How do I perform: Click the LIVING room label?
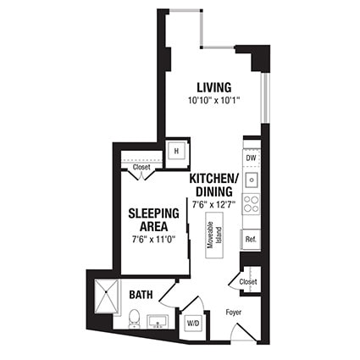click(x=215, y=87)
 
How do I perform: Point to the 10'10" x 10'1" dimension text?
click(x=215, y=101)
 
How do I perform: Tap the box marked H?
click(x=177, y=151)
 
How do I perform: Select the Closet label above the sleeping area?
click(x=141, y=168)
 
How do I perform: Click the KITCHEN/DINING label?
click(x=214, y=186)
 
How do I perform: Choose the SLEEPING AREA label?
click(x=153, y=219)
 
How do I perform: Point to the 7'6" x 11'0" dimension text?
click(x=153, y=240)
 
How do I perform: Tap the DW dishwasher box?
click(x=251, y=158)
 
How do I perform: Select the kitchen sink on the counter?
click(x=252, y=180)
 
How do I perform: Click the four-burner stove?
click(x=252, y=204)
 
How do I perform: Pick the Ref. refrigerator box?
click(x=251, y=240)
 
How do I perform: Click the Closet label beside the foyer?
click(x=248, y=281)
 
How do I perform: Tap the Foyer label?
click(x=233, y=311)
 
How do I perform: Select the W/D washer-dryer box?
click(x=192, y=323)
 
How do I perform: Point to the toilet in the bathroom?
click(x=133, y=320)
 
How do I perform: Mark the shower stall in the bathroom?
click(x=107, y=296)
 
